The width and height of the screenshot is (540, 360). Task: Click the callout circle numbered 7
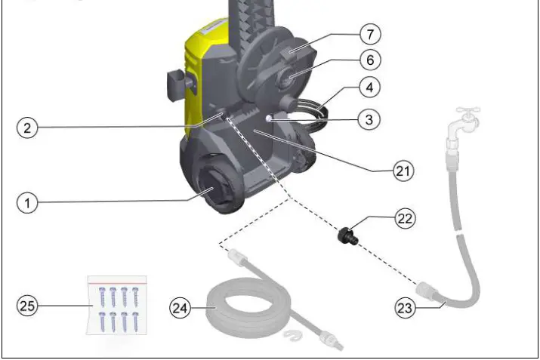click(x=369, y=35)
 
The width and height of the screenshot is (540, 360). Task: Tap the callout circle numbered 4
click(x=369, y=88)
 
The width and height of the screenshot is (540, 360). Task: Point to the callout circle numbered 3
click(x=369, y=119)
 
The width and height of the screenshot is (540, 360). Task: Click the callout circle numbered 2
click(x=27, y=128)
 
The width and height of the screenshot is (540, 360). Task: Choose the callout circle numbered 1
click(x=27, y=203)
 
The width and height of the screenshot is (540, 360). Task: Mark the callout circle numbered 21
click(x=404, y=171)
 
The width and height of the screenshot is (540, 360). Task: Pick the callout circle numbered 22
click(x=404, y=219)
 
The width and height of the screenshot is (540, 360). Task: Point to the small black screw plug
click(x=349, y=235)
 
